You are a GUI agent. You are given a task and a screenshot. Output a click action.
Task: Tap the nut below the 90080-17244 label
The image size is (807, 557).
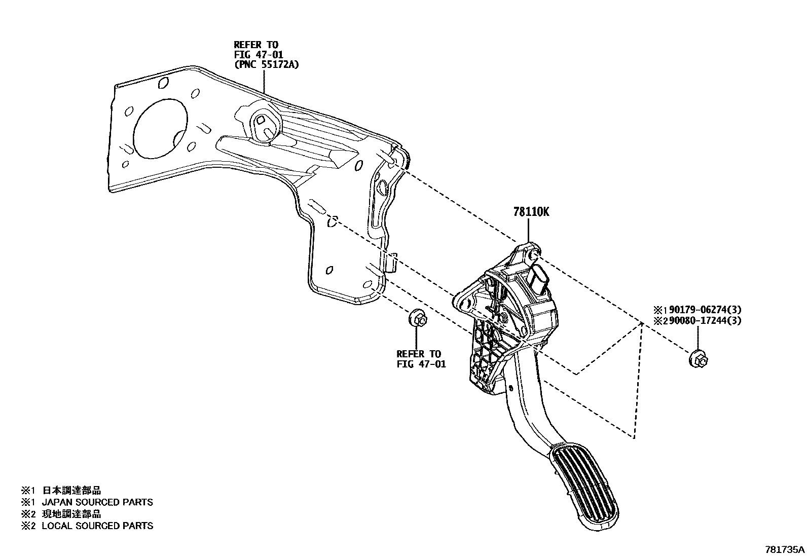click(698, 359)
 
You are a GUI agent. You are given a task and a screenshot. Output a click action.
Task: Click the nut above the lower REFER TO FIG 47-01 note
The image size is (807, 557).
click(417, 319)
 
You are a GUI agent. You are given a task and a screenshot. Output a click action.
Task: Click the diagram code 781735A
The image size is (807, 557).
click(784, 549)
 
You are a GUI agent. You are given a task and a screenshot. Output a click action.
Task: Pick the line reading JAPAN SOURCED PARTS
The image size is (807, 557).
click(97, 502)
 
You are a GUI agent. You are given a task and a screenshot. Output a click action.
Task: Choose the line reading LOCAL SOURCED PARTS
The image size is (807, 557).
click(97, 526)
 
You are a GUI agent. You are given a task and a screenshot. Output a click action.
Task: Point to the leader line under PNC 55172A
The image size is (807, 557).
click(264, 81)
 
